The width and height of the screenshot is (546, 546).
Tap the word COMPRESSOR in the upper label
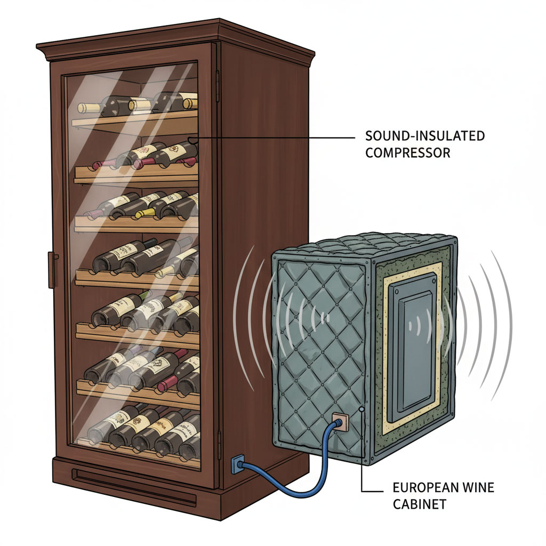(408, 152)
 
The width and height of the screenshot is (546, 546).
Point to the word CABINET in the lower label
(412, 504)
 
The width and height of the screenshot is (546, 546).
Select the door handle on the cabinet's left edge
(53, 270)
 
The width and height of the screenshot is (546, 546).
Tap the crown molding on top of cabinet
(176, 40)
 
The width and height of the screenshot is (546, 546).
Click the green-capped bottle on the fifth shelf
(145, 295)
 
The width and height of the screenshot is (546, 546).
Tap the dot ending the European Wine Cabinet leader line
(362, 409)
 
